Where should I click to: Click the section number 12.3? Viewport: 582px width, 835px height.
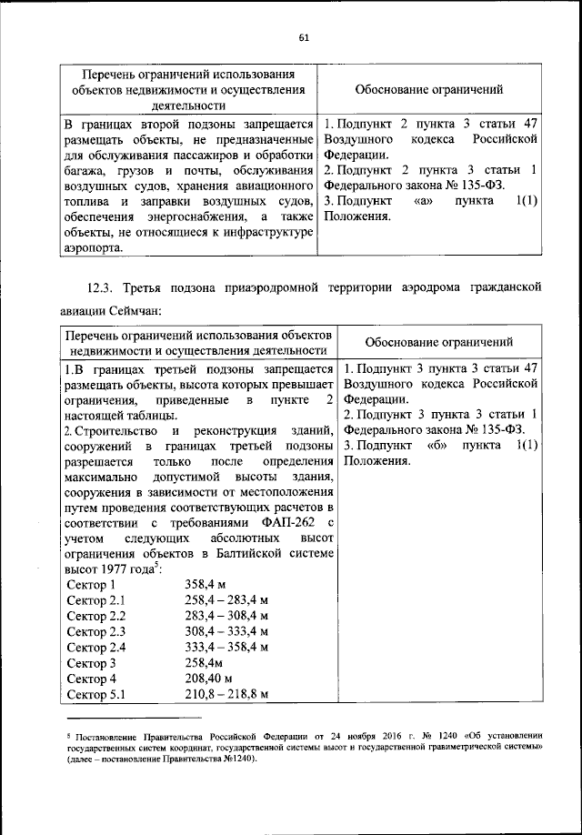pos(103,288)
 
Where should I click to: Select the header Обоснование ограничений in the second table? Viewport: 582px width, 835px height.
pos(442,342)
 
